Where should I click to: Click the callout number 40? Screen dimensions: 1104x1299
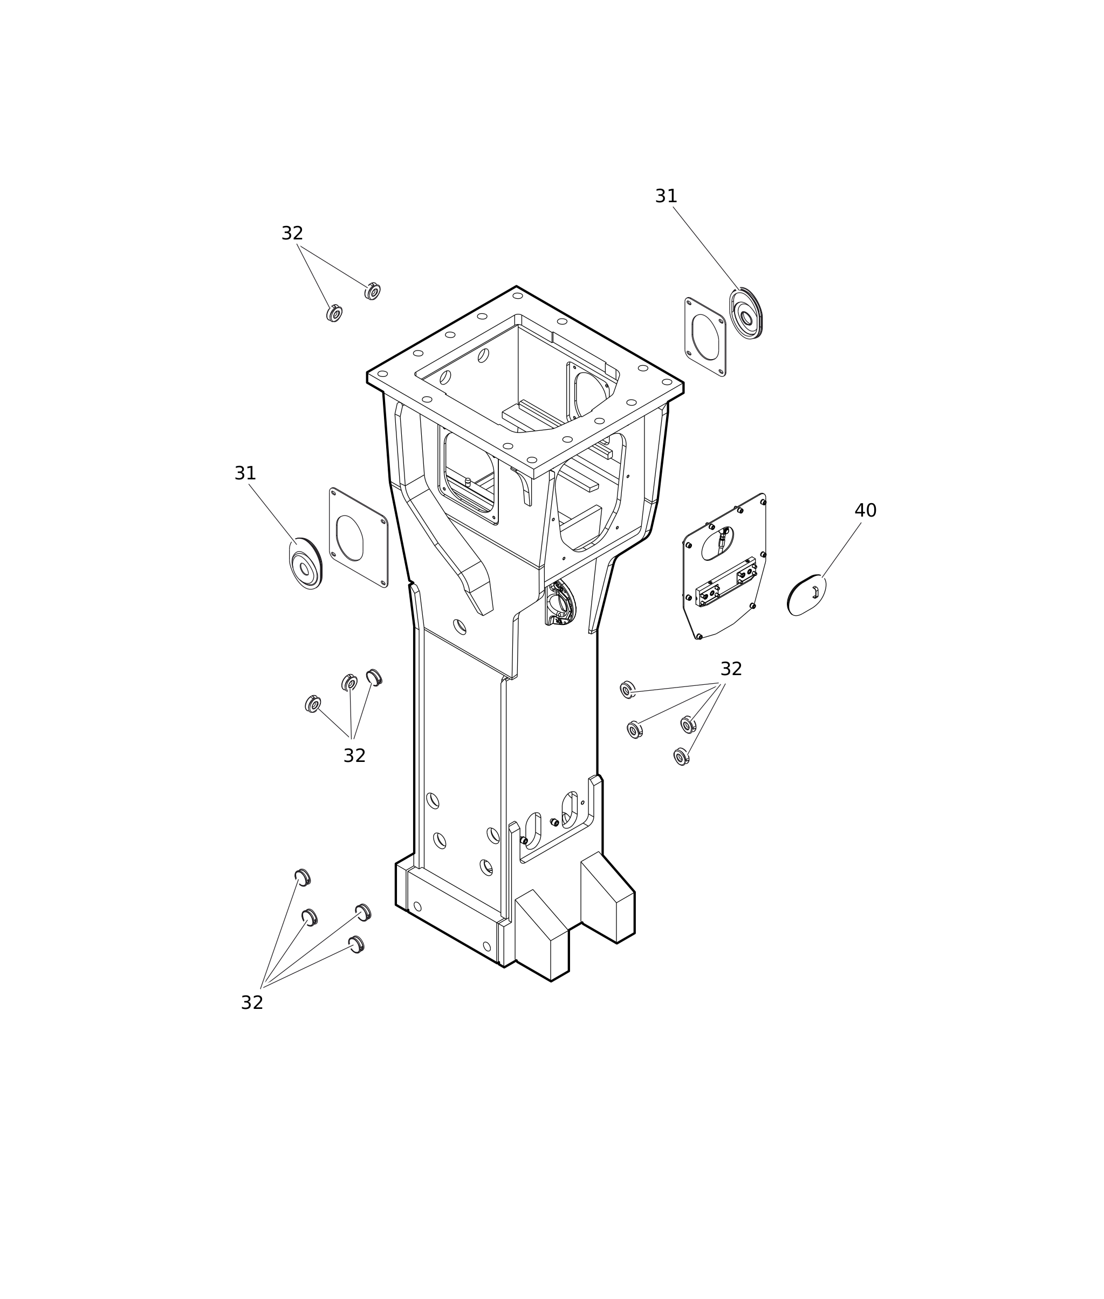coord(866,511)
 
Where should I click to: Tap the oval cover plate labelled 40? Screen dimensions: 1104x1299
coord(807,595)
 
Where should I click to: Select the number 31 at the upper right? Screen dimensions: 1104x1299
coord(666,196)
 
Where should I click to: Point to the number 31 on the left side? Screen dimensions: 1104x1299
coord(245,473)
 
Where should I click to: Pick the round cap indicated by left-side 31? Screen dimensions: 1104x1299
coord(305,564)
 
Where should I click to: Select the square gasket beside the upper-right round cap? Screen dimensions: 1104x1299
coord(705,337)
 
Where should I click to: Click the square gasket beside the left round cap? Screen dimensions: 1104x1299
coord(359,538)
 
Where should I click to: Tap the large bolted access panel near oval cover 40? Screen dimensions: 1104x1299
coord(724,566)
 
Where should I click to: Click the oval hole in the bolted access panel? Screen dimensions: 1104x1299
coord(717,543)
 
